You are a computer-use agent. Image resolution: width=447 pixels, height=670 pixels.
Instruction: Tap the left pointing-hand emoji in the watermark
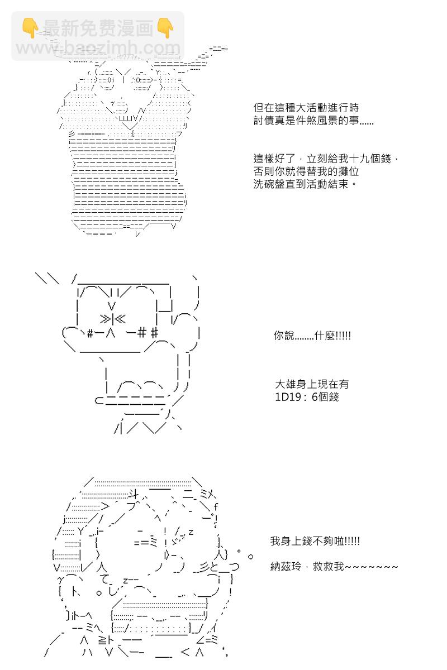coord(30,27)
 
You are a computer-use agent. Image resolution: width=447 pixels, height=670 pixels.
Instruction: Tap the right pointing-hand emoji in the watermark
coord(165,27)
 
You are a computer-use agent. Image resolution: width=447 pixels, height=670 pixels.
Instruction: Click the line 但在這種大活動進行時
coord(306,108)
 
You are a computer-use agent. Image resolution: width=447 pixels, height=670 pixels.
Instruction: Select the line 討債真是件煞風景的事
coord(313,121)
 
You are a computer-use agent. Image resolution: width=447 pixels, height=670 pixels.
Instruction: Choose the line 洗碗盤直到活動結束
coord(305,184)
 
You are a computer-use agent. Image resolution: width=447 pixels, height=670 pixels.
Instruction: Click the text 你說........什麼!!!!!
coord(312,336)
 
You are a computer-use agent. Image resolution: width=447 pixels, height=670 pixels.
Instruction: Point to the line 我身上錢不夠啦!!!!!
coord(315,541)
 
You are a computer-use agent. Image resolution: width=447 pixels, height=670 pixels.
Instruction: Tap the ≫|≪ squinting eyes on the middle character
coord(113,319)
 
